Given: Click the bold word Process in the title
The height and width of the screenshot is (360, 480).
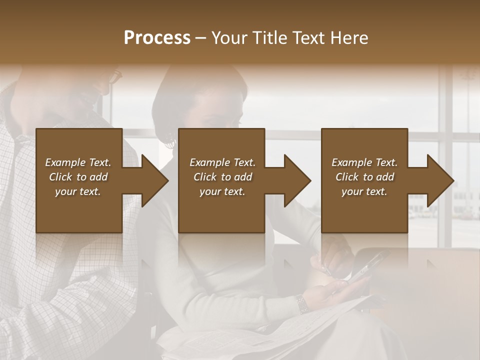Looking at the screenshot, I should (157, 38).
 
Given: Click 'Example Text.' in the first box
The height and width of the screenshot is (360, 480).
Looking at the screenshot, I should (78, 162).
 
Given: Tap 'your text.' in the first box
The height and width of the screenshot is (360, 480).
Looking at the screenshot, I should (78, 191).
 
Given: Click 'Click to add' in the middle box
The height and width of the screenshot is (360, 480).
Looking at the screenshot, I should (222, 177).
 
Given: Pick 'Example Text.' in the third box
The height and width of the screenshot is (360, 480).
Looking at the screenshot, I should (364, 162).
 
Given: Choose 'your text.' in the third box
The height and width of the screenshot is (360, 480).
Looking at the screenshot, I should (364, 191).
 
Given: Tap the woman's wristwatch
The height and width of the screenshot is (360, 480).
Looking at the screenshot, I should (301, 303).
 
